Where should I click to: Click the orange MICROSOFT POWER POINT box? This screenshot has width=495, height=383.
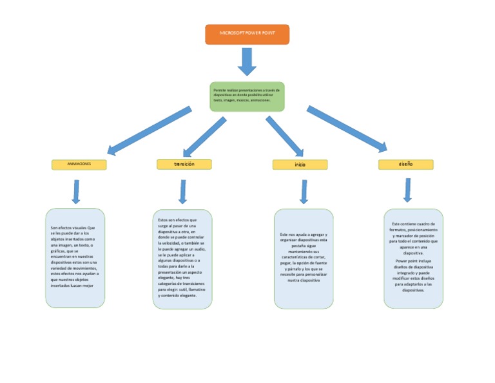point(247,34)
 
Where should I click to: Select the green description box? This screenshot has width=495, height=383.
point(247,96)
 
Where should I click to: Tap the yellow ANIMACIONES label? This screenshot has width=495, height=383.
point(79,164)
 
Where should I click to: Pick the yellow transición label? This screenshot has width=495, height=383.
point(184,164)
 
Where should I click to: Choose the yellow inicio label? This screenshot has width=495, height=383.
point(300,165)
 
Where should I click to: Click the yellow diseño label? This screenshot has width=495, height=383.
point(405,164)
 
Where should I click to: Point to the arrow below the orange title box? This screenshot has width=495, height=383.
point(247,61)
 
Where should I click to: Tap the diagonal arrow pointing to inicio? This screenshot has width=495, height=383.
point(284,136)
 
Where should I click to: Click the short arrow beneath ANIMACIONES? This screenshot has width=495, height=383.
point(76,192)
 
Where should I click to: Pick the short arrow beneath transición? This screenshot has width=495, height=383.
point(183,192)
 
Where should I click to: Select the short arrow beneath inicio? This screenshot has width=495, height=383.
point(304,192)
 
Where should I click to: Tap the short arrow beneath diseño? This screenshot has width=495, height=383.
point(407,191)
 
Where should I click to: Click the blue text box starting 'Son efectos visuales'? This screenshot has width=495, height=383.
point(75,257)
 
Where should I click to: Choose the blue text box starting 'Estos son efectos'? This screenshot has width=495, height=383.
point(182,258)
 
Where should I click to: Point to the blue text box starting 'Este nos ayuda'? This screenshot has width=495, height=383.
point(304,258)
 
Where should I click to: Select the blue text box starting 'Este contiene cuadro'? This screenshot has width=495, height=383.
point(413,258)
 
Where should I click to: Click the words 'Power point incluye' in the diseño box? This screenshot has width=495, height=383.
point(413,261)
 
